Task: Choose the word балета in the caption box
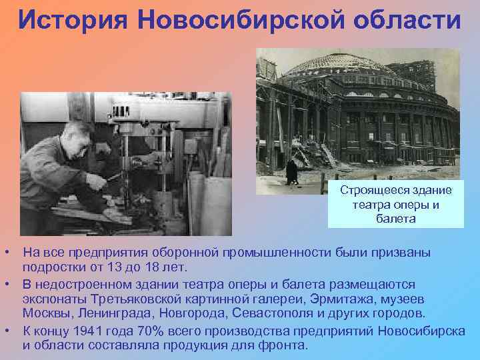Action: click(395, 218)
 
